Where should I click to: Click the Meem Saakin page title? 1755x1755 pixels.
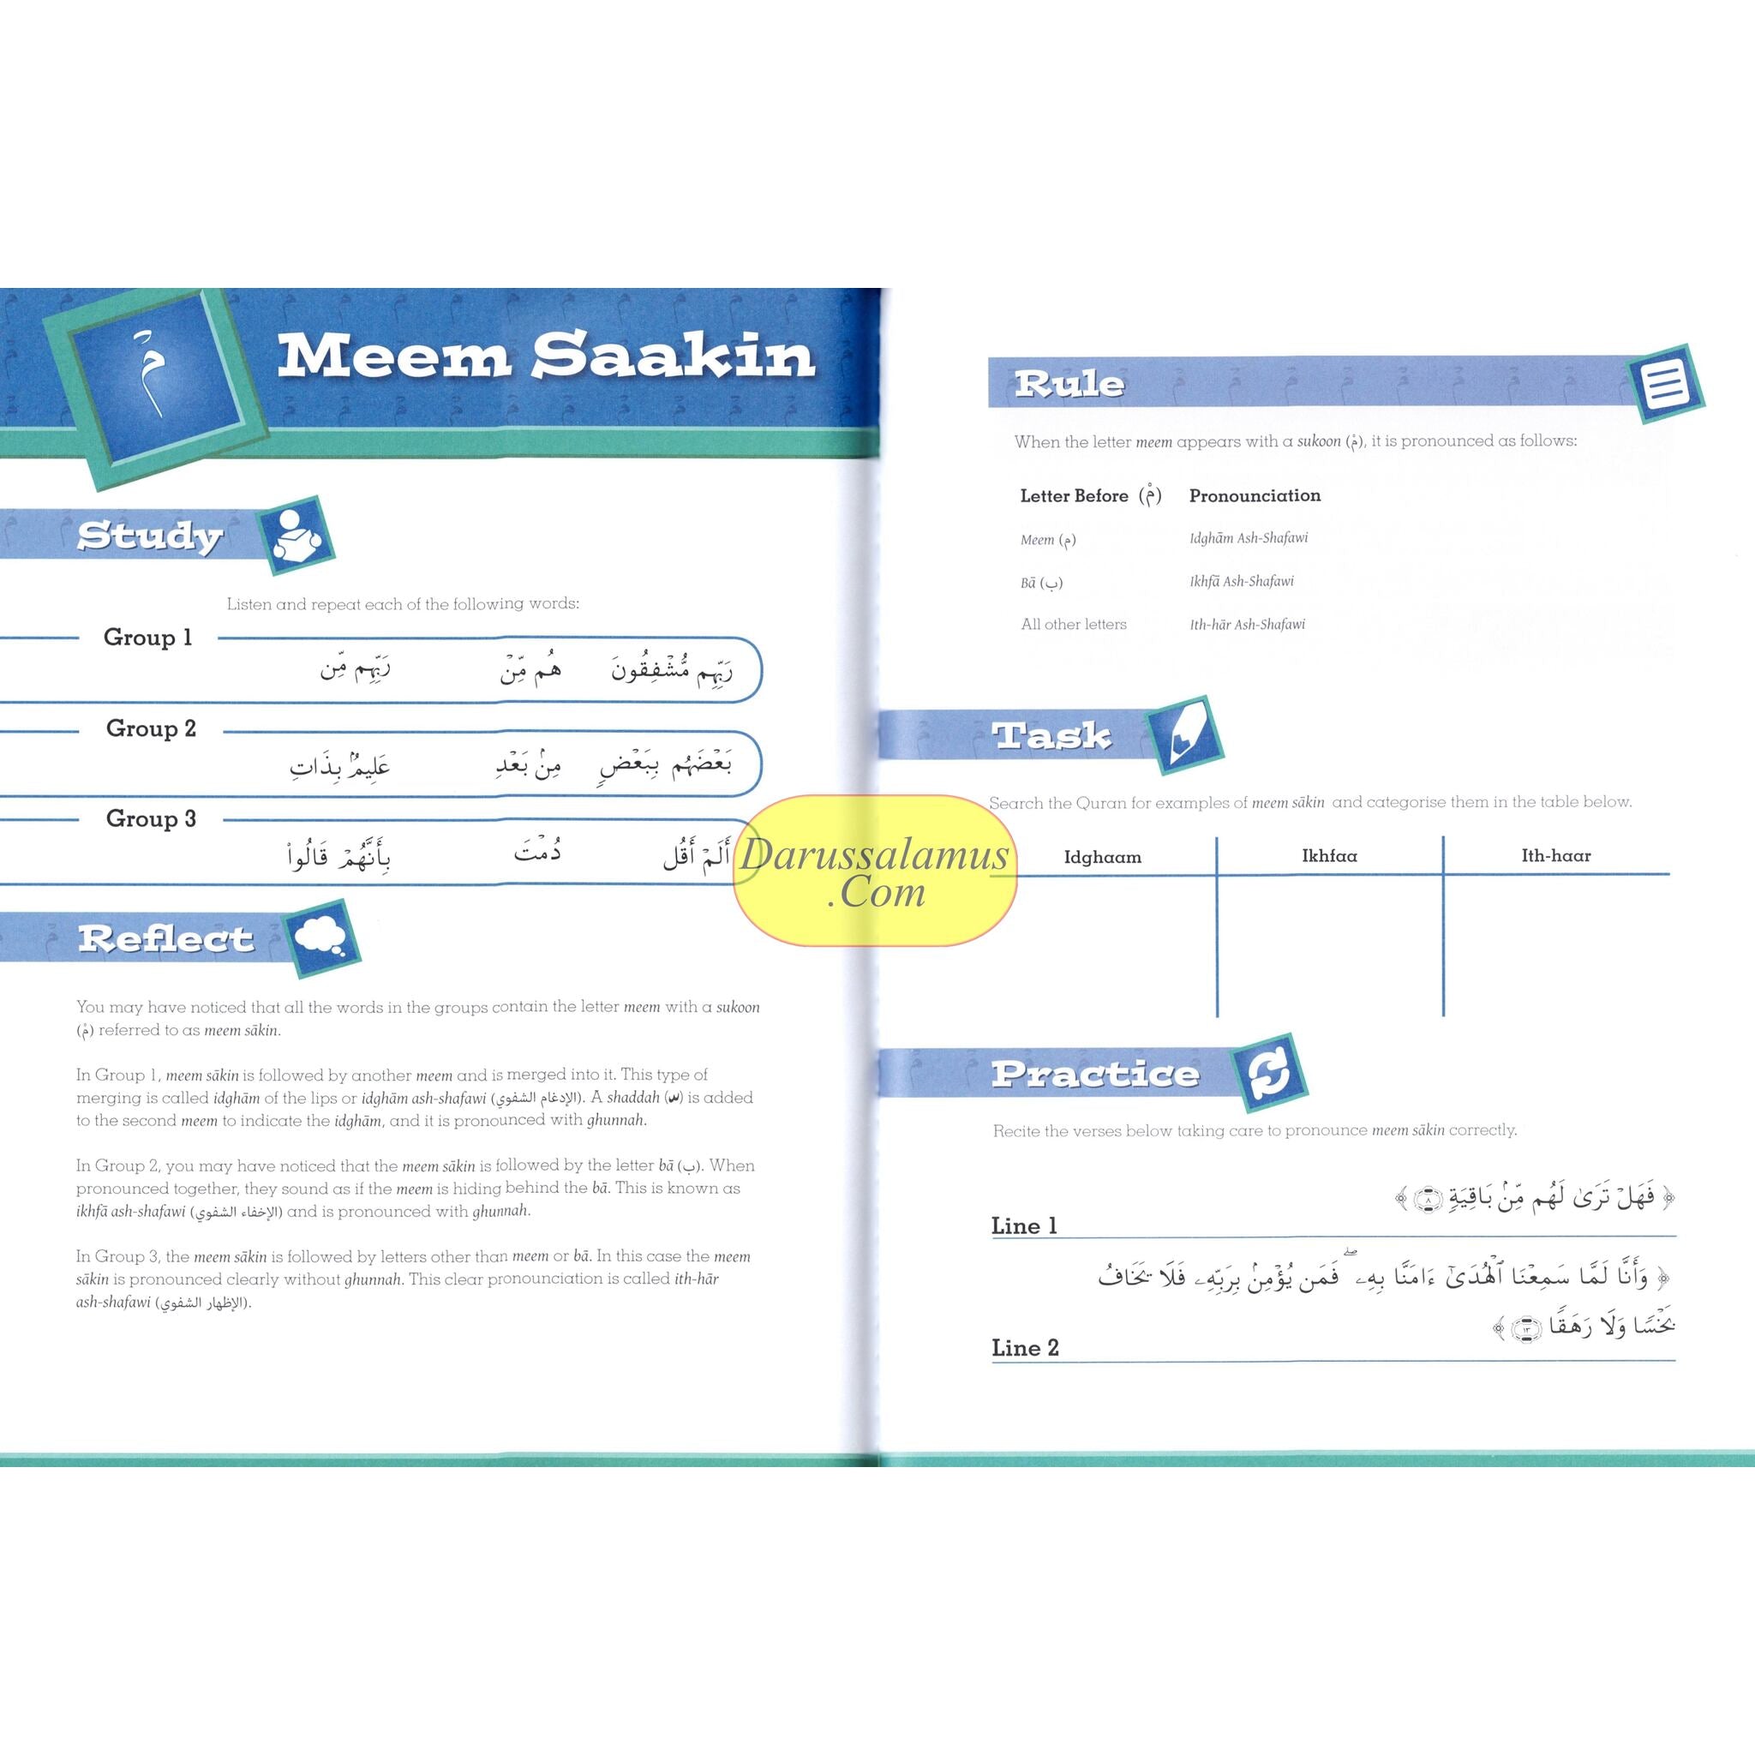[x=546, y=357]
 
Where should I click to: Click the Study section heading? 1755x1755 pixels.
[x=149, y=536]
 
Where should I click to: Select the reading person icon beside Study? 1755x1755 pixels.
[x=297, y=536]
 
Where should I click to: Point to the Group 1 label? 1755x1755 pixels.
[x=148, y=638]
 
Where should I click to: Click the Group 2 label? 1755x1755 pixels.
[x=151, y=728]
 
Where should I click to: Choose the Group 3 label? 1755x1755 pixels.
[x=151, y=818]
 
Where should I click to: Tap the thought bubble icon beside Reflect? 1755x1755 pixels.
[x=320, y=937]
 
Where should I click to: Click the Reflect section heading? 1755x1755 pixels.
[x=165, y=939]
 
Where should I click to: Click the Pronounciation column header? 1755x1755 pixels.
[x=1255, y=496]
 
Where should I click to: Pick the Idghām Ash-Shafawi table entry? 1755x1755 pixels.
[x=1248, y=538]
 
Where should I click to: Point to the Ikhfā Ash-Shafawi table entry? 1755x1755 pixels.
[x=1241, y=581]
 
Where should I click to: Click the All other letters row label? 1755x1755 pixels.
[x=1073, y=624]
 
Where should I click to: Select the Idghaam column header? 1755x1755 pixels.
[x=1102, y=857]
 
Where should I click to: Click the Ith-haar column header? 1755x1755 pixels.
[x=1555, y=856]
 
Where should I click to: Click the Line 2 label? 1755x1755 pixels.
[x=1025, y=1348]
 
